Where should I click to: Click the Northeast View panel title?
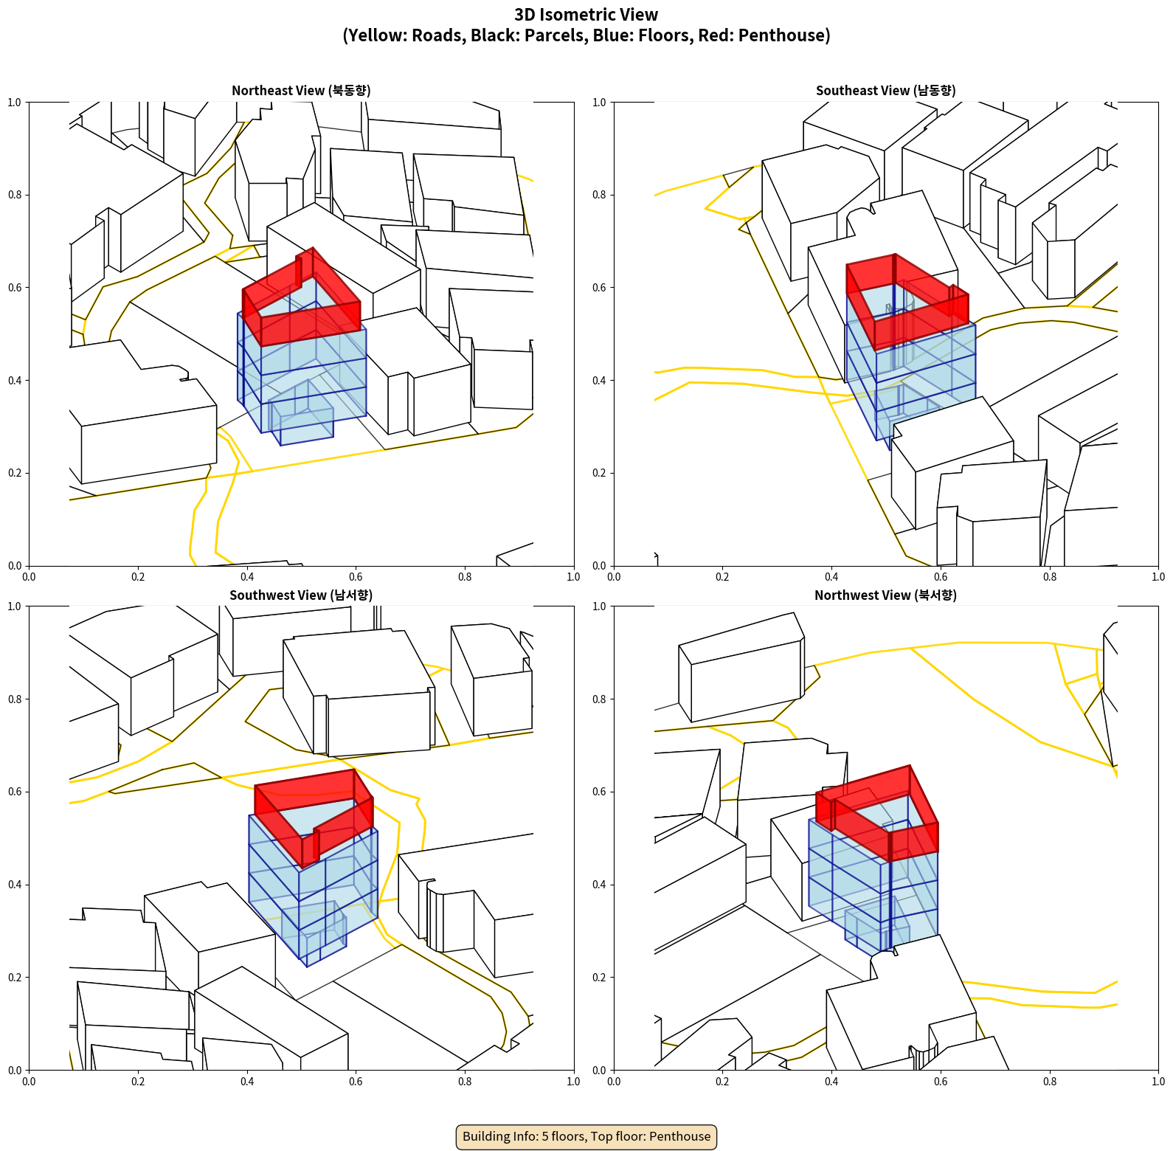[301, 90]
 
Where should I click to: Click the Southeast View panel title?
[885, 90]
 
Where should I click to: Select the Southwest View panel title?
[301, 595]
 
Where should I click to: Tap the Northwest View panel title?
[885, 595]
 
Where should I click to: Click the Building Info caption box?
[586, 1136]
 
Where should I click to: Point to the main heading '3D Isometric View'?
[586, 15]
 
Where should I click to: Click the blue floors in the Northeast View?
[302, 376]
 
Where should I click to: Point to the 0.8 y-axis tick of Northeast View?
[15, 195]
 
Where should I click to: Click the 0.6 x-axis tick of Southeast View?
[941, 577]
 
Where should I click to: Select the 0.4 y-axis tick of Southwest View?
[15, 885]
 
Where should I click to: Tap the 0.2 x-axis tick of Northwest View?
[722, 1082]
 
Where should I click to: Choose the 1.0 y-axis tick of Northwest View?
[599, 606]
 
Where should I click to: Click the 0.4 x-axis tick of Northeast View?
[247, 577]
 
